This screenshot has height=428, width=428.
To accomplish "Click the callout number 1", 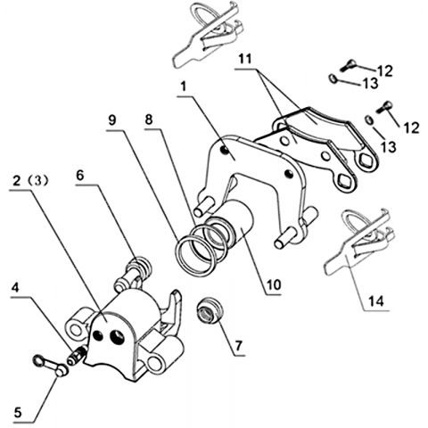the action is [x=184, y=86].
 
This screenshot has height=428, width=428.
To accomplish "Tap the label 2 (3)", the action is [x=30, y=181].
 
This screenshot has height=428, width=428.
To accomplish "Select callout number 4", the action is [x=16, y=288].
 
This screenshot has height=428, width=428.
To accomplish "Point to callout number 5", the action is [x=18, y=413].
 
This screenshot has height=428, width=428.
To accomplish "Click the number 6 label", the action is [x=80, y=176].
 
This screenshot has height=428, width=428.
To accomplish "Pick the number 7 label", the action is [x=239, y=346].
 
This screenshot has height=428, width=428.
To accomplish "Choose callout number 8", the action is [x=149, y=119].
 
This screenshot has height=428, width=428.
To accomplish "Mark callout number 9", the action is [x=112, y=120].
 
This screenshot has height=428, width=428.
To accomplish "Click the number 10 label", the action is [x=274, y=285].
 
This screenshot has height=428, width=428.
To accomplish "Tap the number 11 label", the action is [x=245, y=59].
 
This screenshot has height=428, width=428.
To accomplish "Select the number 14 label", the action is [x=376, y=301].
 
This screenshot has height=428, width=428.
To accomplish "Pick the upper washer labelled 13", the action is [x=333, y=78].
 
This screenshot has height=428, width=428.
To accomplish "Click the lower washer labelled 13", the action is [x=369, y=119].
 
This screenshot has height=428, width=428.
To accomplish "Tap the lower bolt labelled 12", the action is [x=384, y=107].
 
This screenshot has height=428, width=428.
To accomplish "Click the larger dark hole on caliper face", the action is [x=117, y=336].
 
